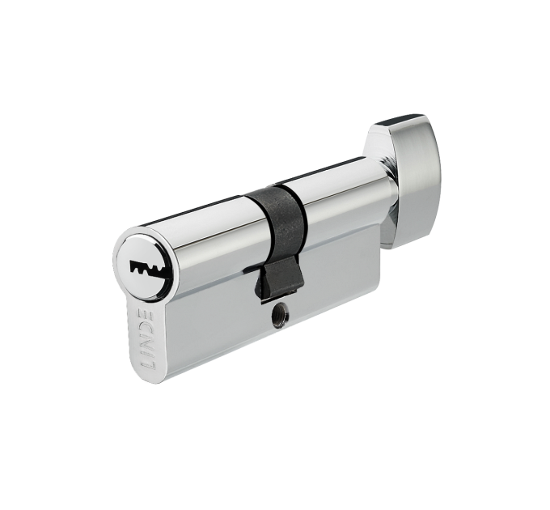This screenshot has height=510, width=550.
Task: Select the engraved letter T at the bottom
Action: coord(148,363)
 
